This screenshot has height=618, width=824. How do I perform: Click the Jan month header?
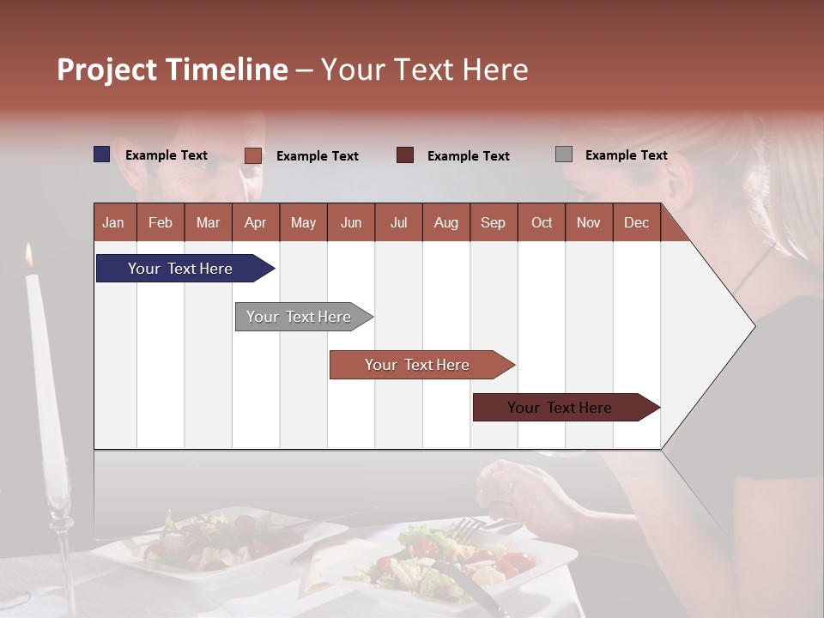113,222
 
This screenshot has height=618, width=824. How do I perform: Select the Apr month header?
255,222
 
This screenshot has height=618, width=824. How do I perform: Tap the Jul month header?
398,222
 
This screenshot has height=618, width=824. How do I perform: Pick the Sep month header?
493,222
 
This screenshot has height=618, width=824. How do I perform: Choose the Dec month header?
636,222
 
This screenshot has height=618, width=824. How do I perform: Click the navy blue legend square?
102,154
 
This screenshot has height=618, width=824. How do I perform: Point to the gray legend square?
564,154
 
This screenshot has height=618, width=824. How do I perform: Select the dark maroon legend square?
405,155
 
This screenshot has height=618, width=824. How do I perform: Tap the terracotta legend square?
253,155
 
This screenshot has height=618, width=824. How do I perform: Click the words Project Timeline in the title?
173,70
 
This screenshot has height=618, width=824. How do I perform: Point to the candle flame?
30,254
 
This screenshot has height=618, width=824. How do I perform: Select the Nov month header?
588,222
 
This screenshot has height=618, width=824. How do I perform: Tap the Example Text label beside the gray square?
626,154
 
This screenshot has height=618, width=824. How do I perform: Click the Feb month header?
161,222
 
